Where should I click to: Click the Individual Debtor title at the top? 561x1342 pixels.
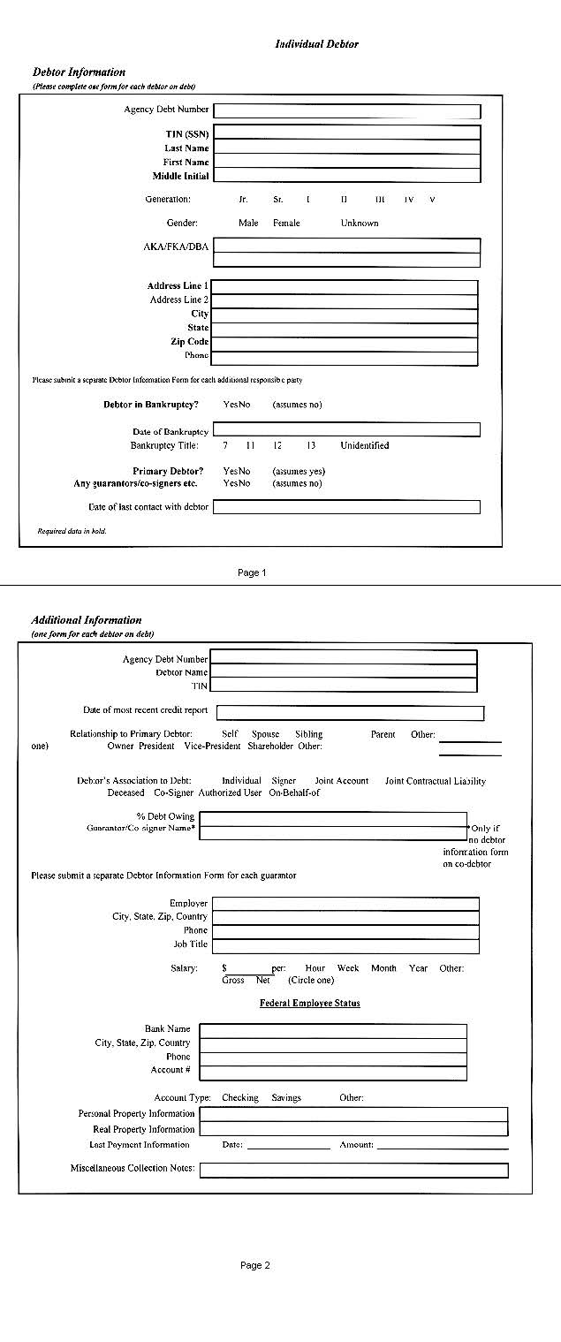pyautogui.click(x=316, y=44)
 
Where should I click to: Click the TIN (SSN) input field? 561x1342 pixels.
pyautogui.click(x=347, y=133)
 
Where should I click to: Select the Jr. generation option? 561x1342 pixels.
pyautogui.click(x=243, y=200)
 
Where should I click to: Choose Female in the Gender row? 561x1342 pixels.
pyautogui.click(x=286, y=224)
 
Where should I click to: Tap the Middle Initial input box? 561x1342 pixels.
pyautogui.click(x=347, y=176)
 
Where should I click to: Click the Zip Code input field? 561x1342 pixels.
pyautogui.click(x=345, y=342)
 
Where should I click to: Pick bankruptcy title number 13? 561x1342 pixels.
pyautogui.click(x=311, y=446)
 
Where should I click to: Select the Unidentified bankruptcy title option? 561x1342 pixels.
pyautogui.click(x=364, y=446)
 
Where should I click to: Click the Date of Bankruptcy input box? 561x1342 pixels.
pyautogui.click(x=346, y=430)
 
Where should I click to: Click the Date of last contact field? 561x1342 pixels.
pyautogui.click(x=346, y=507)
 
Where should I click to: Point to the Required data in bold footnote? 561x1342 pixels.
pyautogui.click(x=72, y=532)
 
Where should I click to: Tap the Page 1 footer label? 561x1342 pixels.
pyautogui.click(x=252, y=573)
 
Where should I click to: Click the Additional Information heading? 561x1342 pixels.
pyautogui.click(x=87, y=620)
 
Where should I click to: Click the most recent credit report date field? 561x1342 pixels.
pyautogui.click(x=350, y=713)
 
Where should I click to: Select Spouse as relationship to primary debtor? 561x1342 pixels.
pyautogui.click(x=265, y=734)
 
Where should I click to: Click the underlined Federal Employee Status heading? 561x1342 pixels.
pyautogui.click(x=309, y=1004)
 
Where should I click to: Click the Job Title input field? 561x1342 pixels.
pyautogui.click(x=345, y=945)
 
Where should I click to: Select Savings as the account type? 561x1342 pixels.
pyautogui.click(x=286, y=1098)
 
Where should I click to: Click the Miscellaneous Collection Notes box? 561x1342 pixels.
pyautogui.click(x=353, y=1170)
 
